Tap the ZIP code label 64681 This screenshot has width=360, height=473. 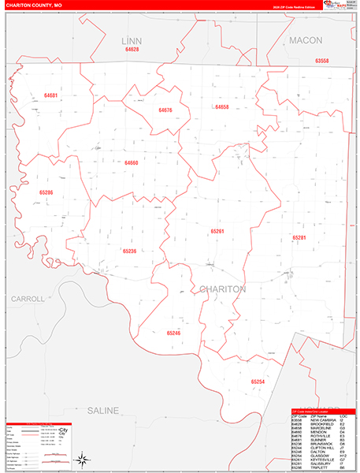pos(50,95)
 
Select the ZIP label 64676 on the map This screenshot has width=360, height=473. pos(165,110)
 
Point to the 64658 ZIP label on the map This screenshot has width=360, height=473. pos(221,106)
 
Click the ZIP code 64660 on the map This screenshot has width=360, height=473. pos(131,162)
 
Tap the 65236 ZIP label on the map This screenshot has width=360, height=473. pos(130,251)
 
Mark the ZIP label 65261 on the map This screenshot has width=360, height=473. pos(217,231)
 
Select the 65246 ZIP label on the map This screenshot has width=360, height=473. pos(174,333)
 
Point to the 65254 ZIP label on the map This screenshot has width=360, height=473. pos(258,382)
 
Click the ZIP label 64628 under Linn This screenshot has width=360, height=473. pos(132,49)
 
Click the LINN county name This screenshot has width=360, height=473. pos(131,39)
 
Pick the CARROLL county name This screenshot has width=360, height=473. pos(28,299)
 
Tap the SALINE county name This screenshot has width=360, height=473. pos(102,411)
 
